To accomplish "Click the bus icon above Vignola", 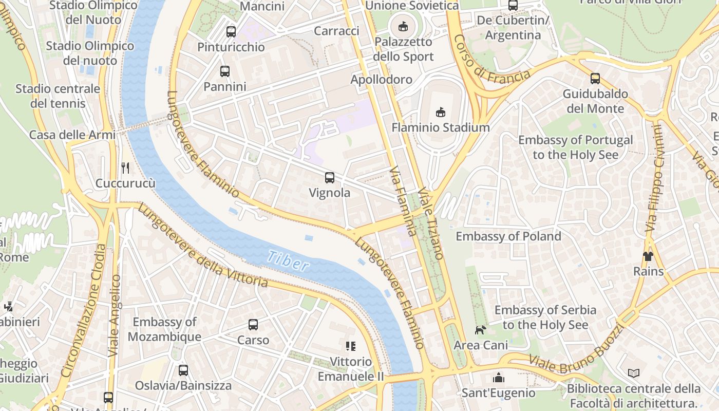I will [330, 178].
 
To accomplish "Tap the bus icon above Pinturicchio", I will [231, 32].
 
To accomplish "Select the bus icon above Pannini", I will [225, 71].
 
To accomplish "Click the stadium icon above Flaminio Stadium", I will [440, 111].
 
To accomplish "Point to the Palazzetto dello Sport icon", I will [403, 26].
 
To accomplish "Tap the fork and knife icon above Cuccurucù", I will [125, 167].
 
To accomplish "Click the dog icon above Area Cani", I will [480, 330].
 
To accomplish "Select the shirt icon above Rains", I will [648, 256].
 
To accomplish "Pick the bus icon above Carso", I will [253, 325].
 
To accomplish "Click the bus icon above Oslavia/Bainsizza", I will [183, 370].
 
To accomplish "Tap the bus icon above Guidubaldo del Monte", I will [595, 79].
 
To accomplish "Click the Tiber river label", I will [288, 260].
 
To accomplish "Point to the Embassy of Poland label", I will [508, 236].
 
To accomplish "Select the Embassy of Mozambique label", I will [164, 329].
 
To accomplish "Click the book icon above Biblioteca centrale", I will [634, 373].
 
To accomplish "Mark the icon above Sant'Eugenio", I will [498, 378].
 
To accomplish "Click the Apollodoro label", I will [381, 80].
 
